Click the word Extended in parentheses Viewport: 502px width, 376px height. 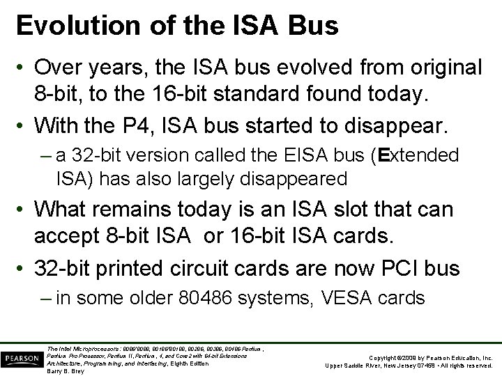[425, 155]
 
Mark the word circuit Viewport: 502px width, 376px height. [208, 268]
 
